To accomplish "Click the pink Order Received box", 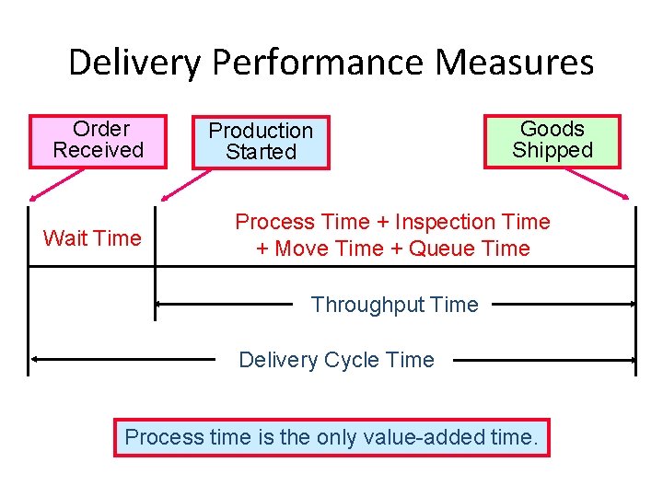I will [x=99, y=141].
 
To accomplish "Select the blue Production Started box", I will [x=261, y=142].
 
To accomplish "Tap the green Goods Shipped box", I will [x=552, y=141].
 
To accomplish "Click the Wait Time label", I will [x=92, y=238].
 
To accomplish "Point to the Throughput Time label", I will [x=394, y=305].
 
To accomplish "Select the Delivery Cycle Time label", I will [x=336, y=360].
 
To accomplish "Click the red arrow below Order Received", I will [x=46, y=184].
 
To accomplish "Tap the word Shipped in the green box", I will [x=552, y=151].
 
